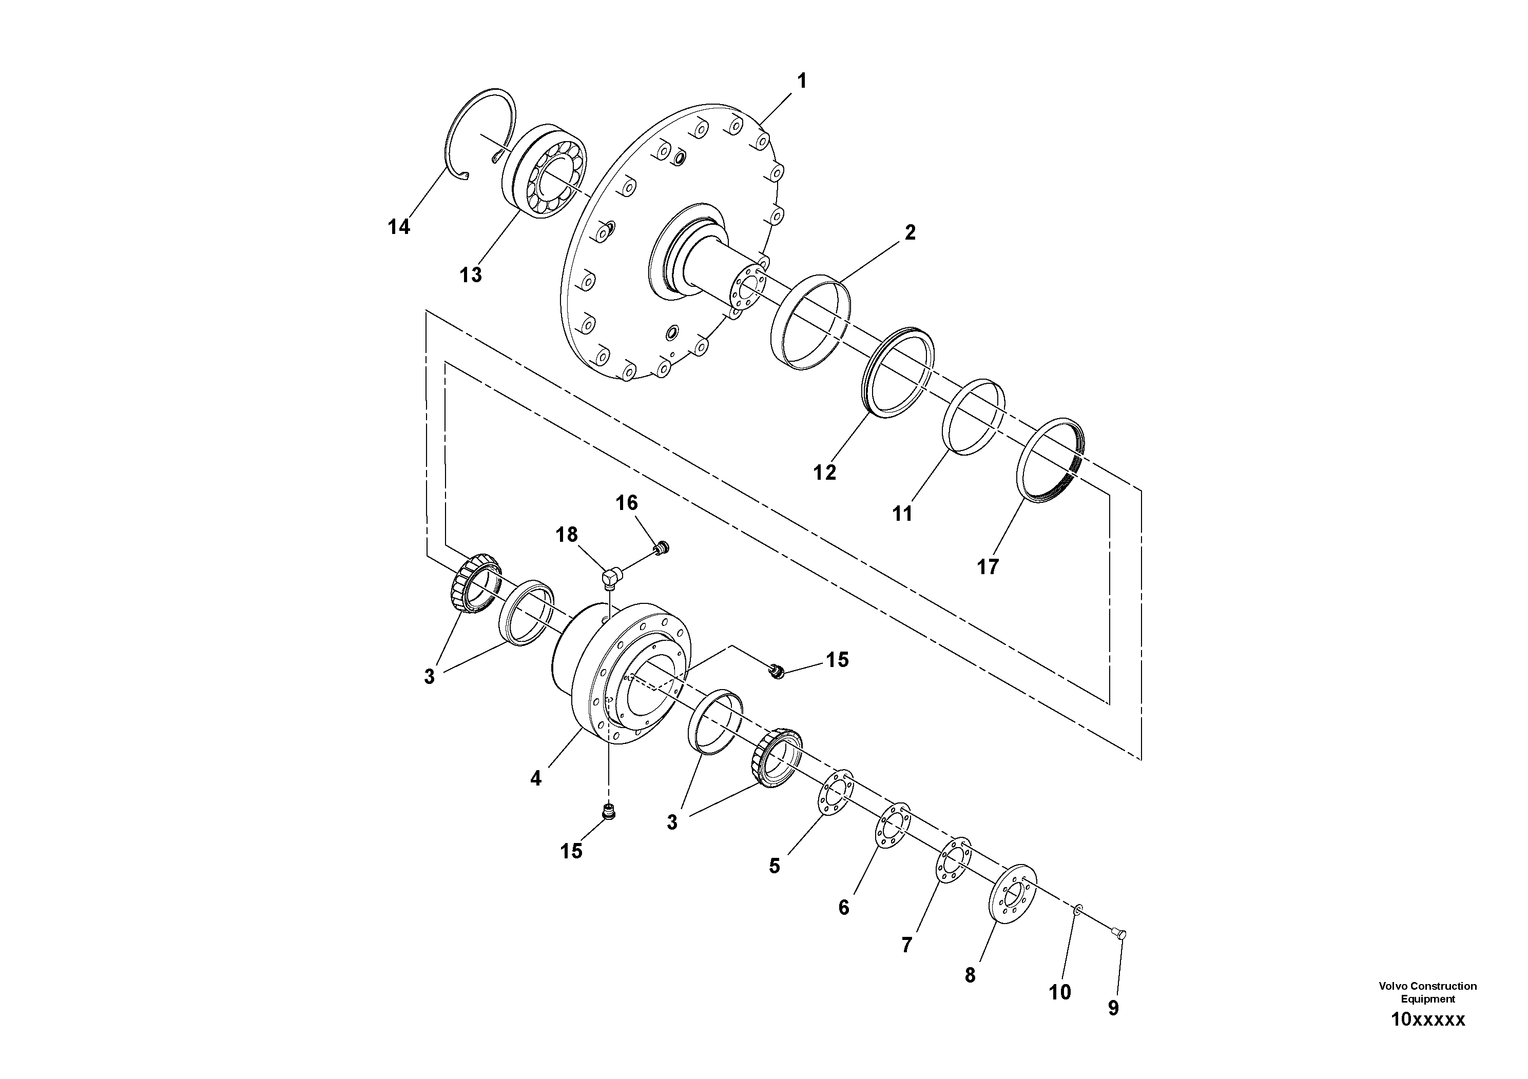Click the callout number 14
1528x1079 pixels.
(399, 227)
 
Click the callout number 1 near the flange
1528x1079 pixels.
(802, 81)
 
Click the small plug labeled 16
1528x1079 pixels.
(661, 548)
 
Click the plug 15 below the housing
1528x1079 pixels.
(608, 812)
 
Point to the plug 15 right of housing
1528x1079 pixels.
(776, 671)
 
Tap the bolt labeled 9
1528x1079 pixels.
(1118, 935)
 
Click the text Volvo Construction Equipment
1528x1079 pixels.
(1427, 992)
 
